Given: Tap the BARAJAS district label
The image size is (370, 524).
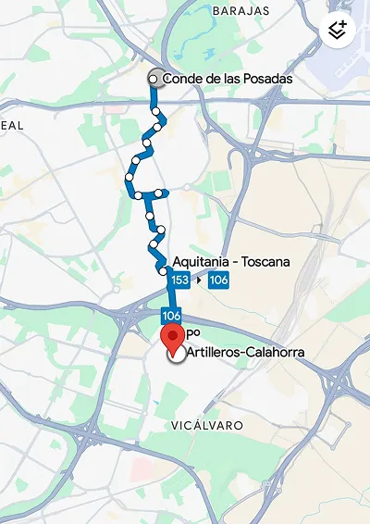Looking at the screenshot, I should (240, 10).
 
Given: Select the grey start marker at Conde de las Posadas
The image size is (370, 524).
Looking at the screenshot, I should (155, 80).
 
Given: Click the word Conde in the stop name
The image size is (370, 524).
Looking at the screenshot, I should (180, 80).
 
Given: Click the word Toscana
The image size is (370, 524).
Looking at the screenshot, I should (265, 262).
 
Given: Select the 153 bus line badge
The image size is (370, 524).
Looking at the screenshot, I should (180, 281).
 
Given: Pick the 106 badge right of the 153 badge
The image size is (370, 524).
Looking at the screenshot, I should (219, 281).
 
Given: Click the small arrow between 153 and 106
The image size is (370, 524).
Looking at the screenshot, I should (200, 281).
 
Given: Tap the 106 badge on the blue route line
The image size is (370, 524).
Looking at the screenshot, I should (170, 316).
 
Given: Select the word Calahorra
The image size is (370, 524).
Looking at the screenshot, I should (277, 354).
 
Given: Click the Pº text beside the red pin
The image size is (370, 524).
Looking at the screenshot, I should (193, 331).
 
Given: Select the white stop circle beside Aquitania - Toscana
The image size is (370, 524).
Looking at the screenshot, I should (162, 270).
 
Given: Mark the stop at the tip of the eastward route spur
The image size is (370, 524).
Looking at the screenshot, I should (166, 193).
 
